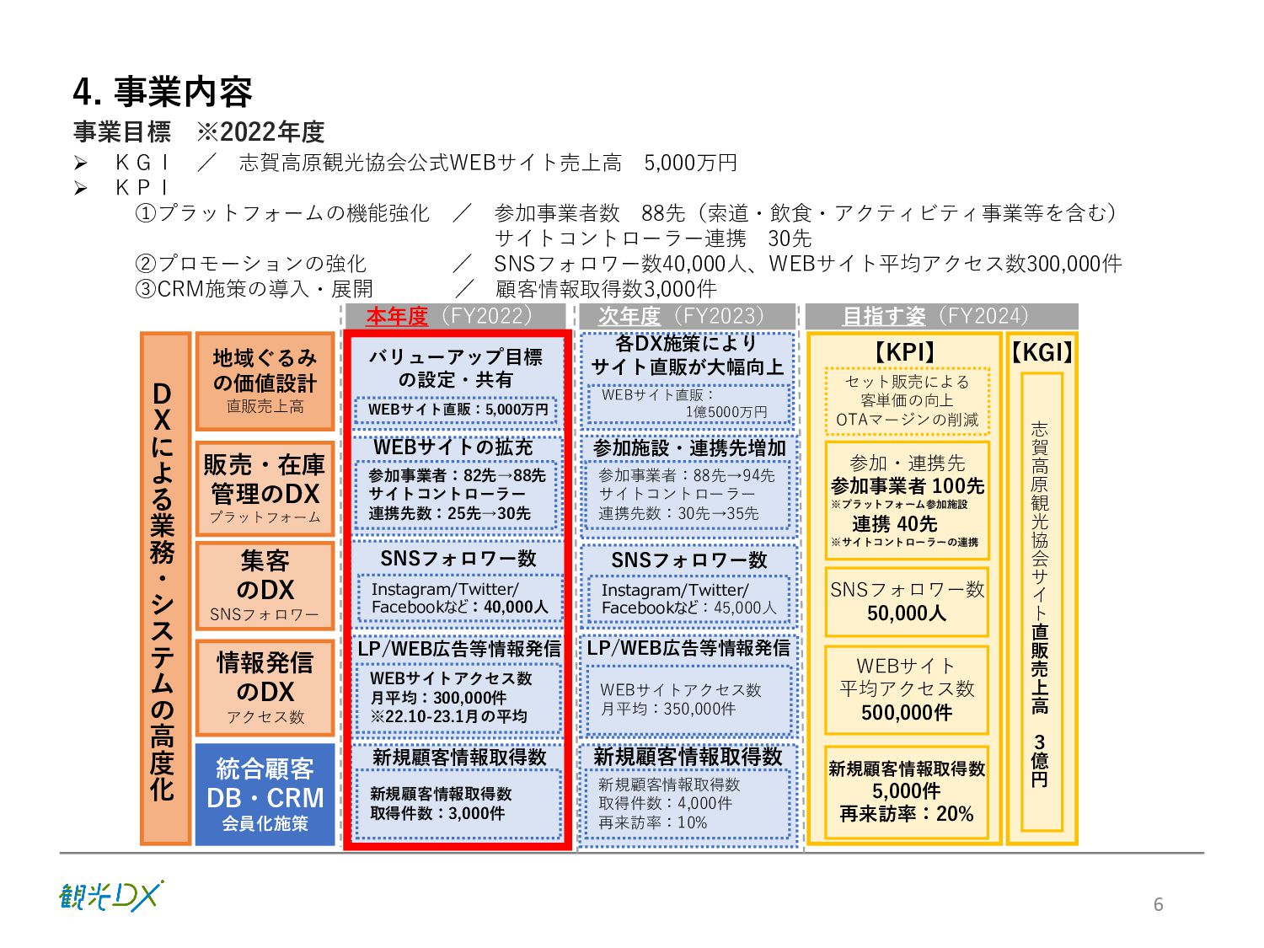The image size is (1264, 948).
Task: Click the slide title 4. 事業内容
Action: [163, 92]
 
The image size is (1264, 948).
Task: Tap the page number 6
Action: [1158, 904]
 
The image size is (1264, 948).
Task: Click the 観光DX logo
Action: [111, 896]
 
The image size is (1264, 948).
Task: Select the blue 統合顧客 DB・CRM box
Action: [265, 795]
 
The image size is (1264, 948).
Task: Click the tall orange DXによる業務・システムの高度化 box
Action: [163, 588]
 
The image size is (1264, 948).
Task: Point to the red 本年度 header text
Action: [396, 317]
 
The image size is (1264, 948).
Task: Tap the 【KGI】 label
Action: [1042, 352]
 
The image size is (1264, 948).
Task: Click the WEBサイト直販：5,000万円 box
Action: [458, 410]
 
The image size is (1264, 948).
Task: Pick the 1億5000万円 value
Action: [726, 412]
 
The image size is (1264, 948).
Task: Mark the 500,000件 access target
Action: [907, 713]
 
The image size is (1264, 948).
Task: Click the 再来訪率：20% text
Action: [907, 814]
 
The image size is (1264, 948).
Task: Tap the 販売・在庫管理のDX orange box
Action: [265, 488]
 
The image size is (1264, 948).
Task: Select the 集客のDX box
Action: [265, 586]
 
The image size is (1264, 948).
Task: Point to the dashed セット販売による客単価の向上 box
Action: [907, 400]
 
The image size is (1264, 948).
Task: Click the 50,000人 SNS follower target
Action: [907, 613]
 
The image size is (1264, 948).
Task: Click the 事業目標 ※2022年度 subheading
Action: [199, 132]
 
